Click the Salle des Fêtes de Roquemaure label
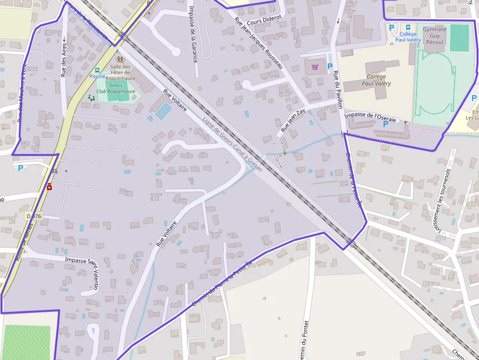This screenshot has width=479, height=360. click(120, 72)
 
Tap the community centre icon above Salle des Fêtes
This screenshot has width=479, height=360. click(120, 60)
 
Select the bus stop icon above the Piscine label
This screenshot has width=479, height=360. click(97, 70)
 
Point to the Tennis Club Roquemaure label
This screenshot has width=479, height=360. click(115, 88)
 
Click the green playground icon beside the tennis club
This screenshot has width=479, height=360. click(91, 98)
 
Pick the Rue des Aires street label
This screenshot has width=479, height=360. click(64, 60)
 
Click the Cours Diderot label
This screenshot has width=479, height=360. click(264, 20)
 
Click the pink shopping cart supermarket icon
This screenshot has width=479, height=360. click(315, 66)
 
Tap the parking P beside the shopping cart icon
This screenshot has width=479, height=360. click(329, 66)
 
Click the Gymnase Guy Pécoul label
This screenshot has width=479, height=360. click(435, 36)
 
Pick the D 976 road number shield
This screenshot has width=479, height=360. click(34, 215)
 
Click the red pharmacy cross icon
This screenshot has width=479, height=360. click(49, 187)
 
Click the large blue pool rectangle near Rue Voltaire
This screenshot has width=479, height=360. click(163, 111)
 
